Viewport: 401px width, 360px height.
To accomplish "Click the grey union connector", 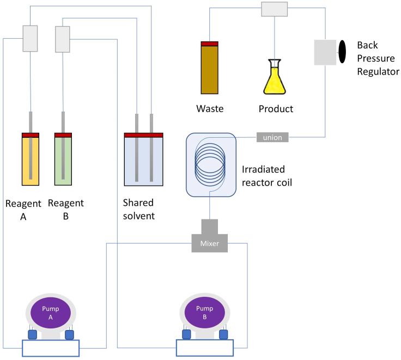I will (272, 137).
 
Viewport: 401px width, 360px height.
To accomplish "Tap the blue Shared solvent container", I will (144, 161).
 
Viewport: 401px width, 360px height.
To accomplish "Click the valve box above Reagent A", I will (29, 39).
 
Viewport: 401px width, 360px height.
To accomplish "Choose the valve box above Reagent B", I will (63, 39).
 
